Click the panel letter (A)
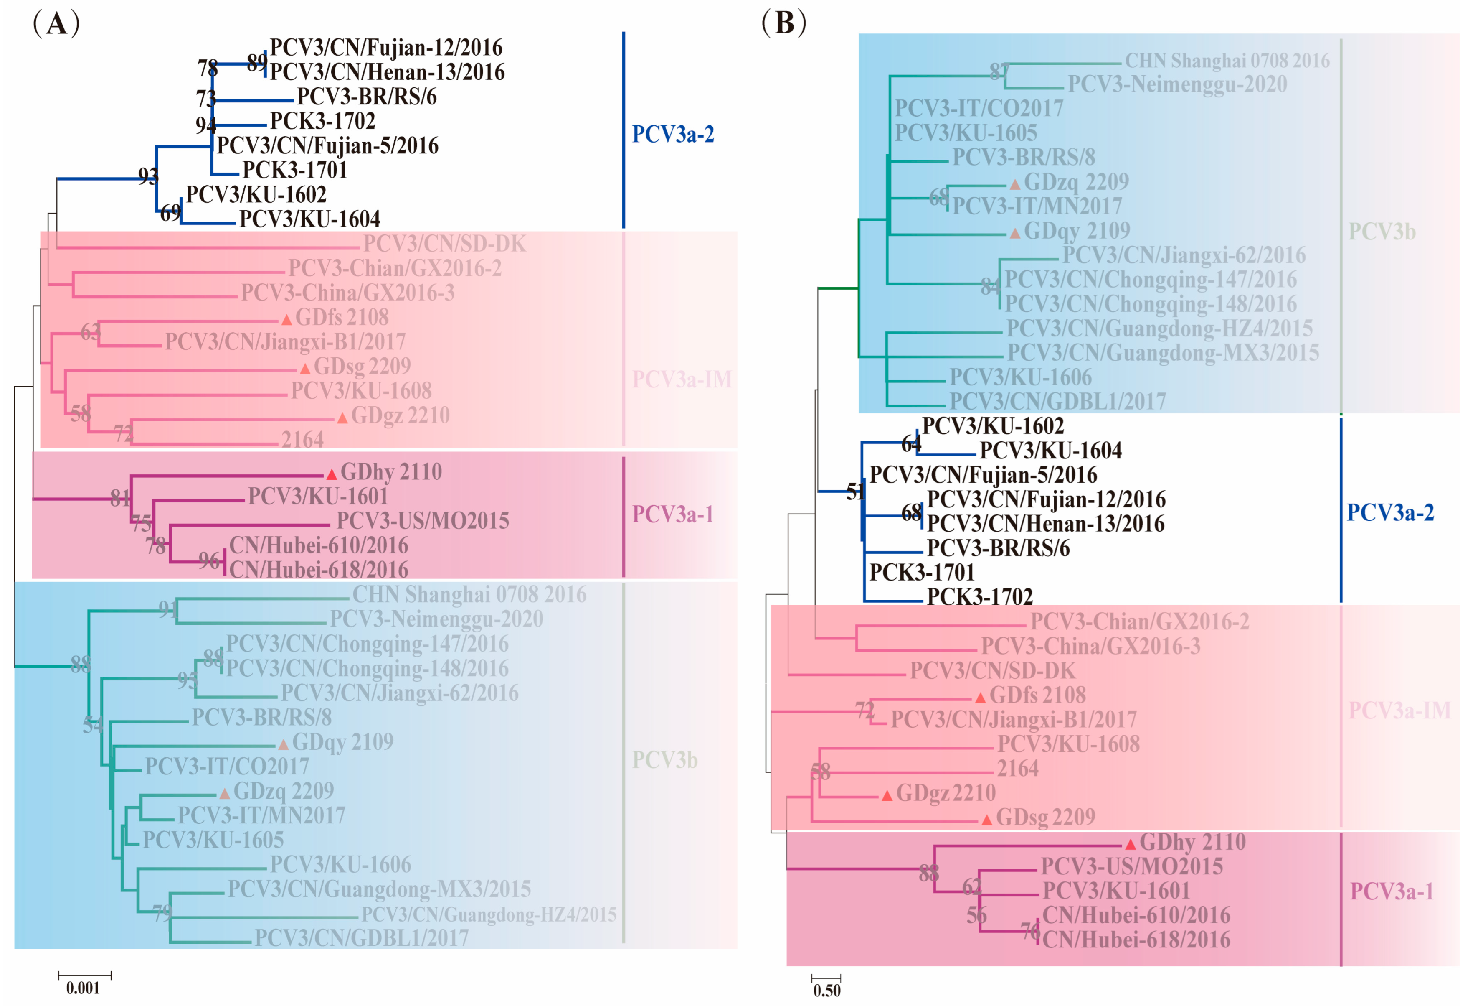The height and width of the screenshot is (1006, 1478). (56, 24)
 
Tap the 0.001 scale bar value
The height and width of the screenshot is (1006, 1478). (83, 988)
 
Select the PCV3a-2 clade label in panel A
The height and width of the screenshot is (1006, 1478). (673, 134)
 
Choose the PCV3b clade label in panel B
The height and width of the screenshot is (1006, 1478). (1382, 232)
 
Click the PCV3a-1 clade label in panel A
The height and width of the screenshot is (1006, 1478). (672, 514)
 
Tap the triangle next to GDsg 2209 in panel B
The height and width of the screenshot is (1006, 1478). (986, 820)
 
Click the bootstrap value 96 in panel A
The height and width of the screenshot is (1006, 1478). (209, 560)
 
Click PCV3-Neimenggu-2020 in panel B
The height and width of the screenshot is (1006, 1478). (1176, 84)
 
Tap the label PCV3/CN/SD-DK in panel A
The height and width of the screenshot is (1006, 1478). (444, 244)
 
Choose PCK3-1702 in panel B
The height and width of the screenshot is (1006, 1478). (979, 597)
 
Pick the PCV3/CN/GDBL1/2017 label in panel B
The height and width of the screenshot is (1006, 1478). (1057, 402)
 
